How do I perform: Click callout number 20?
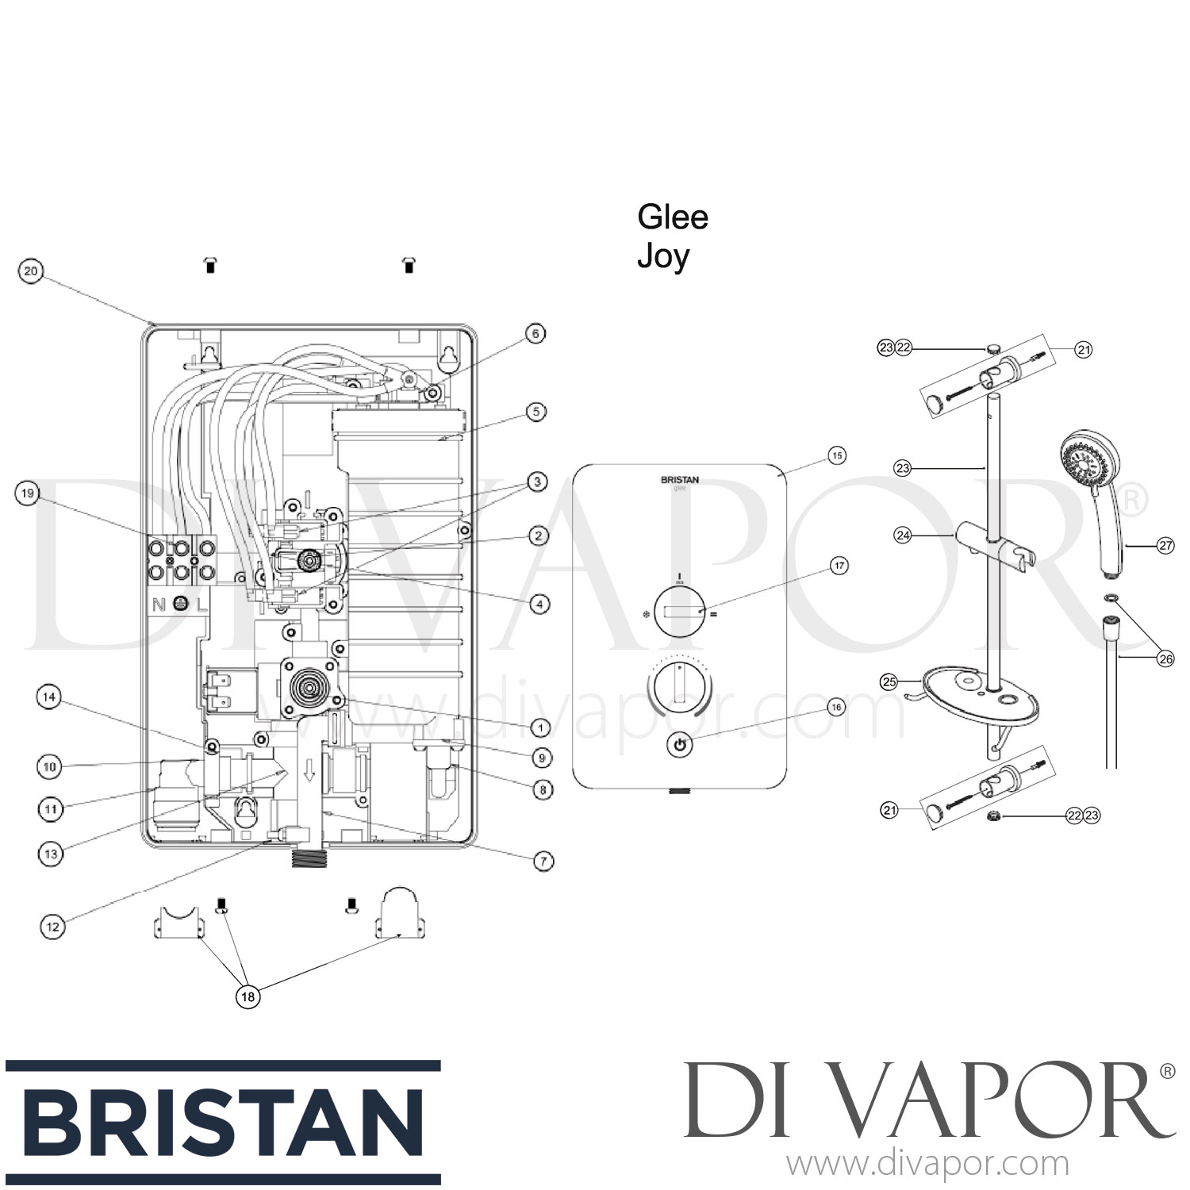tap(30, 271)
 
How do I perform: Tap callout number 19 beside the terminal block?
tap(28, 494)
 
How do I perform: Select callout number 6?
tap(535, 334)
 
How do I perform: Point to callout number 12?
tap(52, 926)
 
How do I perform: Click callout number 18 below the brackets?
tap(248, 996)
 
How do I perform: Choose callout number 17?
tap(839, 566)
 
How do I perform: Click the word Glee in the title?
tap(672, 217)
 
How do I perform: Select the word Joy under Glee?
tap(663, 256)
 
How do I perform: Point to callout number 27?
tap(1165, 546)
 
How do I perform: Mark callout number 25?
tap(889, 681)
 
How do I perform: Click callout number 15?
tap(837, 455)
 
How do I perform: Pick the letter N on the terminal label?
tap(159, 605)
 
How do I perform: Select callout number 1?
tap(540, 727)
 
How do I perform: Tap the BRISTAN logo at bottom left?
tap(222, 1123)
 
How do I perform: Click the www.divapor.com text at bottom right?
tap(927, 1165)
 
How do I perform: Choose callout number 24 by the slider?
tap(903, 535)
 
